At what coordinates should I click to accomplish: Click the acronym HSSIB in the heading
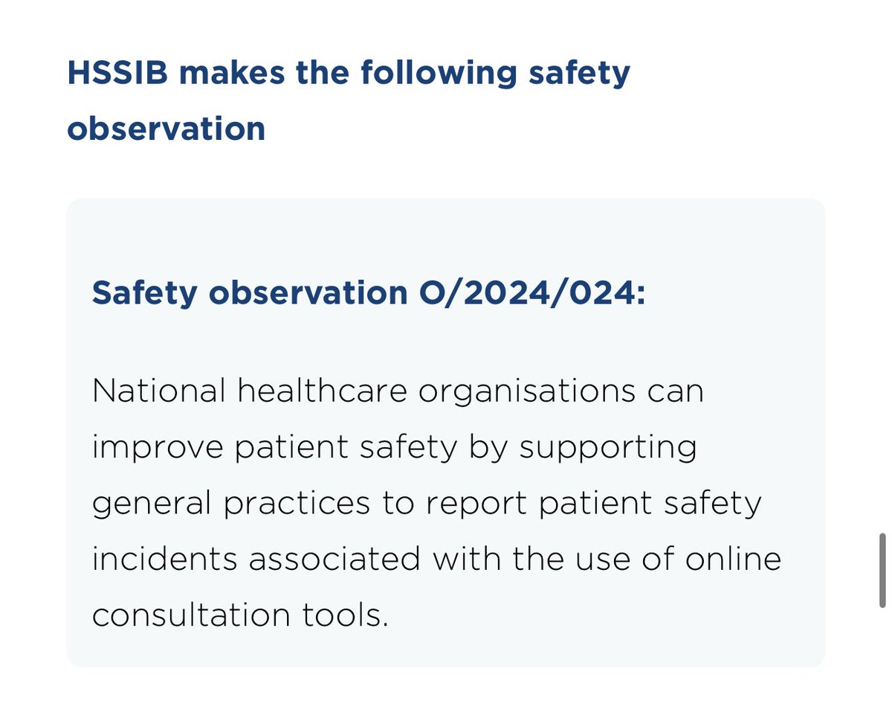119,74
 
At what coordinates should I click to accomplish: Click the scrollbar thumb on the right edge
882,569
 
